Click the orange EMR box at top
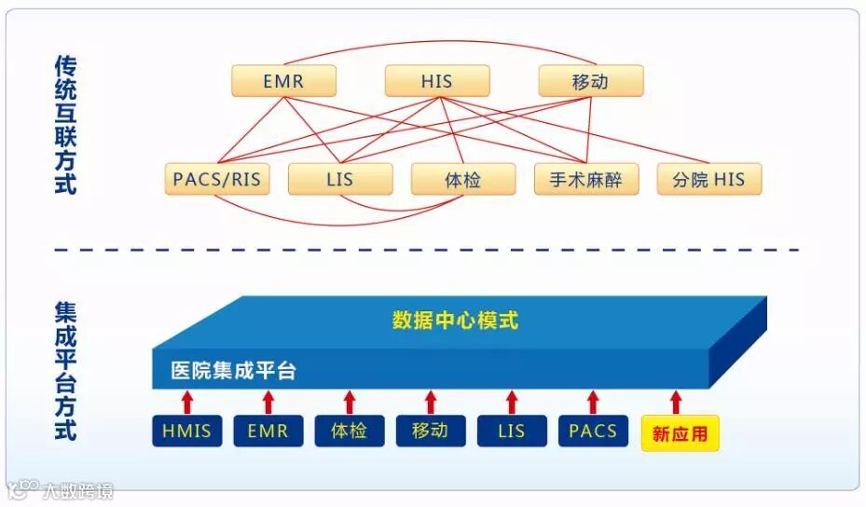pyautogui.click(x=283, y=81)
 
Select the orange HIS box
pyautogui.click(x=436, y=81)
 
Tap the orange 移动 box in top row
pyautogui.click(x=590, y=81)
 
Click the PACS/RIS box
pyautogui.click(x=218, y=179)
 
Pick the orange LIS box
pyautogui.click(x=339, y=179)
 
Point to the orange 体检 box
pyautogui.click(x=462, y=179)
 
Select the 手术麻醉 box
pyautogui.click(x=585, y=179)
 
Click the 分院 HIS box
pyautogui.click(x=708, y=179)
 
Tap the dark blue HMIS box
pyautogui.click(x=186, y=431)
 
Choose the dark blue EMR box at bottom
pyautogui.click(x=268, y=431)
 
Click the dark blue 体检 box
pyautogui.click(x=349, y=431)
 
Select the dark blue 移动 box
pyautogui.click(x=430, y=431)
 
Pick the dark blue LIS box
pyautogui.click(x=511, y=431)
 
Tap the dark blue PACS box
pyautogui.click(x=593, y=431)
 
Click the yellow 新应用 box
pyautogui.click(x=680, y=433)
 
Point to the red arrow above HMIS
pyautogui.click(x=186, y=402)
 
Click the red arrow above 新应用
pyautogui.click(x=676, y=402)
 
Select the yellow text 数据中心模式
pyautogui.click(x=455, y=321)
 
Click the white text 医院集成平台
pyautogui.click(x=233, y=370)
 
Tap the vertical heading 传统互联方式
pyautogui.click(x=65, y=125)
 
